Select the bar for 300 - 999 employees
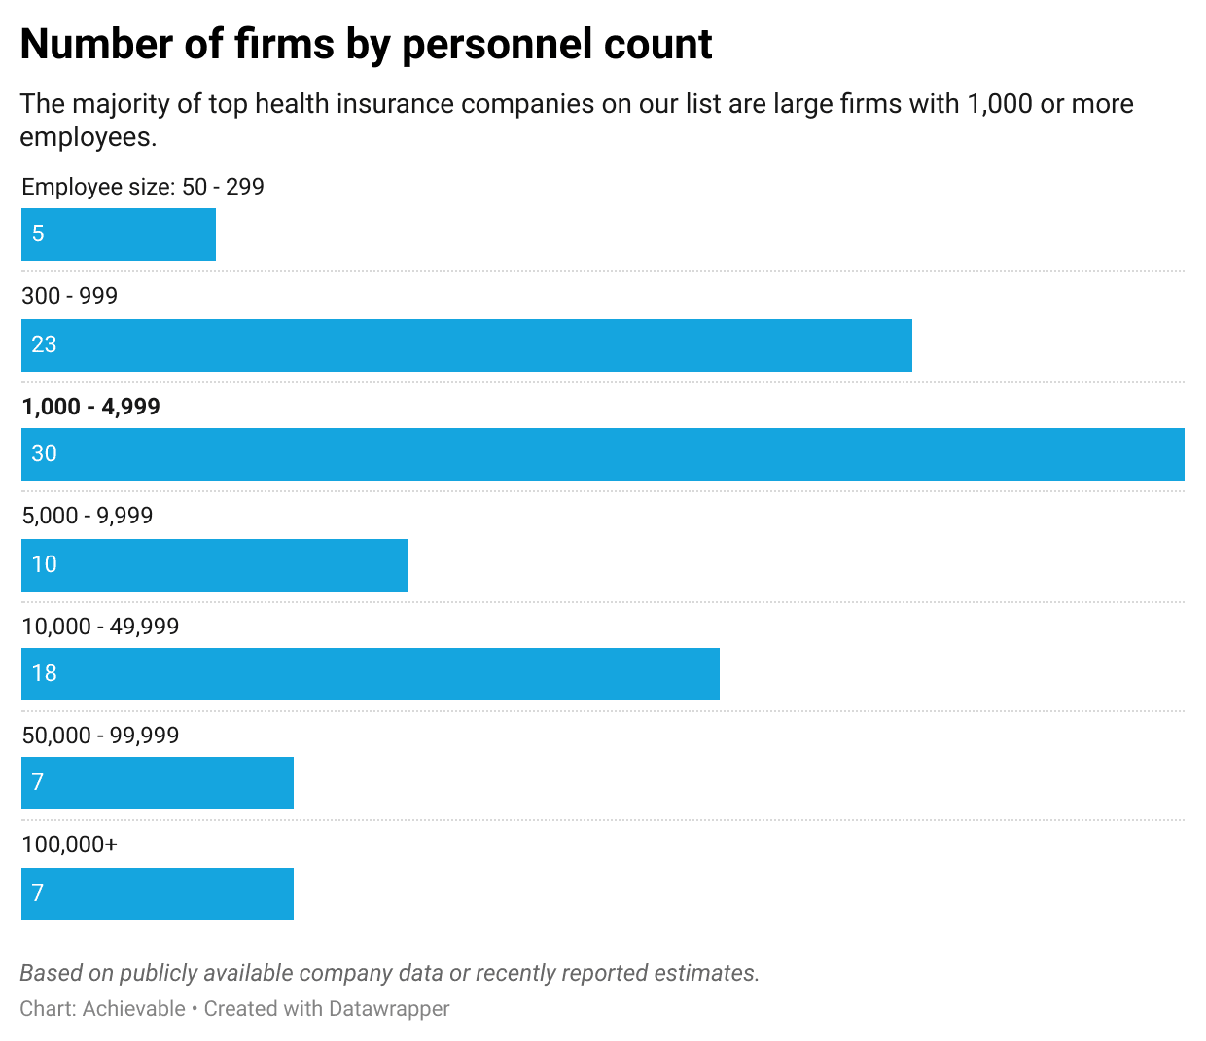click(x=467, y=345)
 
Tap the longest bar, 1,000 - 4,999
click(x=603, y=454)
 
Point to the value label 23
click(x=44, y=344)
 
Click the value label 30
click(x=44, y=453)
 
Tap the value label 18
click(x=44, y=673)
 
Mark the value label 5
click(x=38, y=233)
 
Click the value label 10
click(x=44, y=564)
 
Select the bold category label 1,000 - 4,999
click(x=90, y=407)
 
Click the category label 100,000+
click(x=69, y=844)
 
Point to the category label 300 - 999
click(x=69, y=296)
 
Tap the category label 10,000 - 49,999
click(x=100, y=627)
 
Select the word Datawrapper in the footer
click(x=388, y=1009)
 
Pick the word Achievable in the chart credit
click(x=133, y=1009)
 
